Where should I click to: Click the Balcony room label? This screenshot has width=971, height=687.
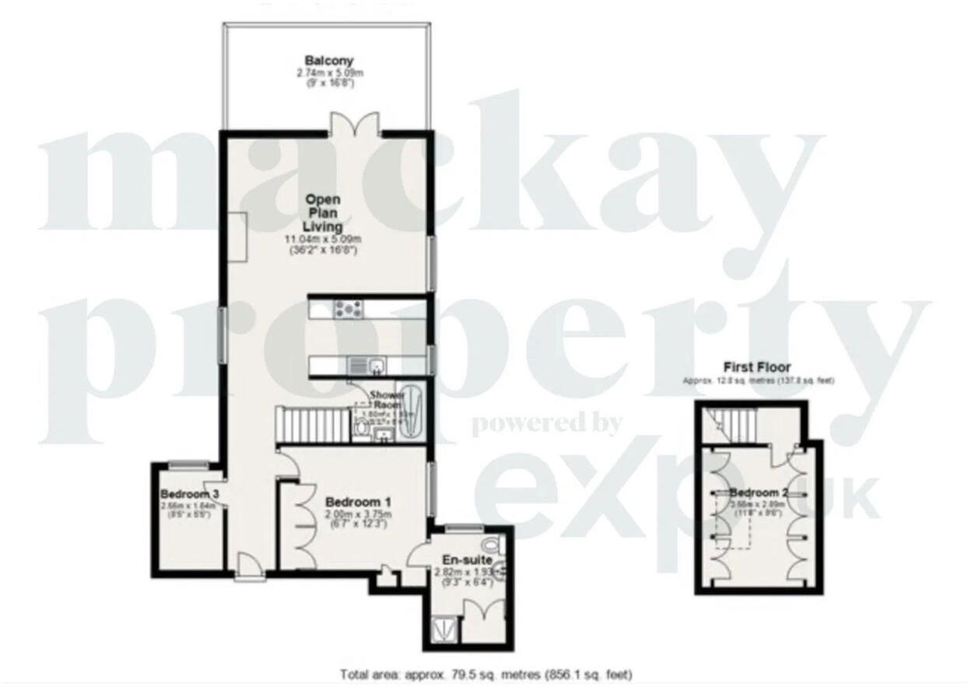pyautogui.click(x=329, y=61)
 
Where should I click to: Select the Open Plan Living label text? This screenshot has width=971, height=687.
pyautogui.click(x=322, y=212)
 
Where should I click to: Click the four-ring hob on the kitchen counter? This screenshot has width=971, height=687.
pyautogui.click(x=345, y=309)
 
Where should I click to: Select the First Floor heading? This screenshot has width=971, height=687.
pyautogui.click(x=756, y=367)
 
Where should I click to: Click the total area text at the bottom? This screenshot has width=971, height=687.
pyautogui.click(x=486, y=674)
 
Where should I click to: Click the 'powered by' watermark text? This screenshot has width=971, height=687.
pyautogui.click(x=547, y=424)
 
